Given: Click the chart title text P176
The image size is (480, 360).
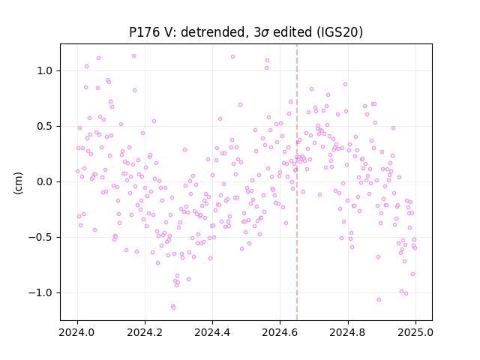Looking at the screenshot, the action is click(x=144, y=32).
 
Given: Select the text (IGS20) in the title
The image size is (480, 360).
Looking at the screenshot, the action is click(x=340, y=32).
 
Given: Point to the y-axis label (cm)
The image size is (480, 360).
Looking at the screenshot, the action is click(x=18, y=183).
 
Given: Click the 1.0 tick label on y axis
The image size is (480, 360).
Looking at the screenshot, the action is click(x=44, y=70).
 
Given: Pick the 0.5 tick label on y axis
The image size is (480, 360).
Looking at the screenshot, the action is click(x=44, y=127).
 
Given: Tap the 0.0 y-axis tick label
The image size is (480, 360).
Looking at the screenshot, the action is click(x=44, y=181).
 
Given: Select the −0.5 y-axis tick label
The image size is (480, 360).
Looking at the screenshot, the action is click(x=40, y=237).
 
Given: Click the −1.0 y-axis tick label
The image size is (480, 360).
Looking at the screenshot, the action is click(x=40, y=293).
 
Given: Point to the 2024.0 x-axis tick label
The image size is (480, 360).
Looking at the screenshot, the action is click(x=77, y=332).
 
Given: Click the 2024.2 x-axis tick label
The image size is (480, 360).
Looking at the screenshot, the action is click(x=145, y=332).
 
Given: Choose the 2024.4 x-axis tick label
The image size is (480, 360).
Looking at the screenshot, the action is click(x=212, y=332).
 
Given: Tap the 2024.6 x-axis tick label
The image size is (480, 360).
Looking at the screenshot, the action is click(x=280, y=332).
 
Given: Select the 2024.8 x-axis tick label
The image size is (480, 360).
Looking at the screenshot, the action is click(x=348, y=332).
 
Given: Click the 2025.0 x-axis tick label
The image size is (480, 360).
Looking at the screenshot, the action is click(x=415, y=332).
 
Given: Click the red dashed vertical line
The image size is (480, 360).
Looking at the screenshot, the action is click(x=297, y=182).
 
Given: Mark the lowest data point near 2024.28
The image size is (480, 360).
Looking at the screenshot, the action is click(x=173, y=307).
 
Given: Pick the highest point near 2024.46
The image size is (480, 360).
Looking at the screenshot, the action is click(x=232, y=57).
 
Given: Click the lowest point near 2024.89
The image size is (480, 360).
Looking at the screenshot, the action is click(x=379, y=299).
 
